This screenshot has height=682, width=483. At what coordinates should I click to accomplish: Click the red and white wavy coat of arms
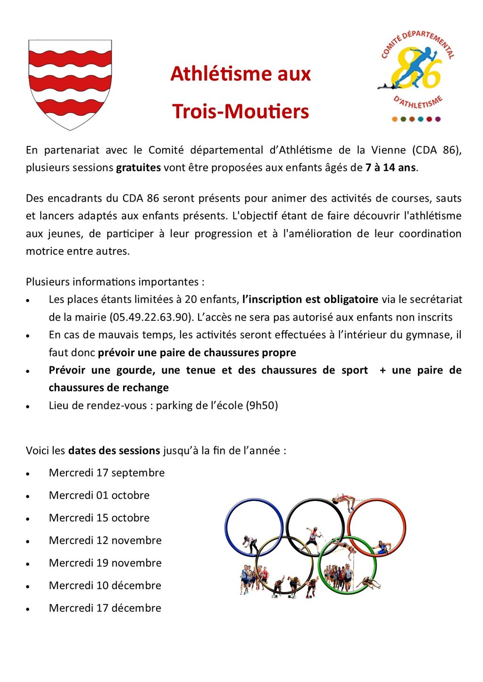pyautogui.click(x=70, y=84)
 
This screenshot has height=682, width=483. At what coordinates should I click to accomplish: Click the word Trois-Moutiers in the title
pyautogui.click(x=241, y=112)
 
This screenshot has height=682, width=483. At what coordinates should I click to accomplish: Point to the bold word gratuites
pyautogui.click(x=138, y=168)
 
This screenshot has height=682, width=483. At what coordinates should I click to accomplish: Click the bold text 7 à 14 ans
pyautogui.click(x=391, y=168)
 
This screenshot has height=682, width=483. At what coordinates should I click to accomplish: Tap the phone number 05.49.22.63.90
pyautogui.click(x=150, y=317)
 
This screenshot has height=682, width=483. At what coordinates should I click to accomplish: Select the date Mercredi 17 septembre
pyautogui.click(x=107, y=473)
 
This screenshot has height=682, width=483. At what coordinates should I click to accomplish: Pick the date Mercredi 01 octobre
pyautogui.click(x=99, y=495)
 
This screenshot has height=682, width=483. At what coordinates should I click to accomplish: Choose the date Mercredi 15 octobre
pyautogui.click(x=99, y=518)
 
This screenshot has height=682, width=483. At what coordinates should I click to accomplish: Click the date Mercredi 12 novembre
pyautogui.click(x=105, y=541)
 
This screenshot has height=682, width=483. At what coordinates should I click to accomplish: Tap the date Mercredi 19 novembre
pyautogui.click(x=105, y=563)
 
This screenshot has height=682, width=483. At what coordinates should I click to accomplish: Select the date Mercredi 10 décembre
pyautogui.click(x=105, y=586)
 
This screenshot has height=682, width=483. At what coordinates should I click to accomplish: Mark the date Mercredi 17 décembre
pyautogui.click(x=105, y=609)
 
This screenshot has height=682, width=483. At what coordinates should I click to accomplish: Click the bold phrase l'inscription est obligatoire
pyautogui.click(x=310, y=300)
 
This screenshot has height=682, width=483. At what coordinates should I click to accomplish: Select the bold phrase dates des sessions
pyautogui.click(x=114, y=451)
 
